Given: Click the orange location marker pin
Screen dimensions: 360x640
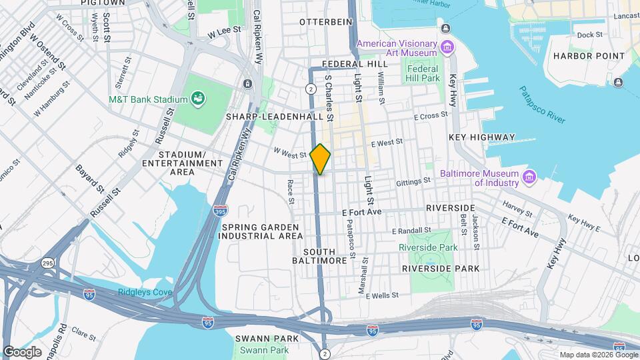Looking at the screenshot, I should (x=321, y=159).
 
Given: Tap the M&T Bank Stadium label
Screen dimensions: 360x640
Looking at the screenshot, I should (x=148, y=100).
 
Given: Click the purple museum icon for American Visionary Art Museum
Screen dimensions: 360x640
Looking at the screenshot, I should (x=447, y=48).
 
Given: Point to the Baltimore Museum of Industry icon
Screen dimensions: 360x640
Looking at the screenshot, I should (x=529, y=178).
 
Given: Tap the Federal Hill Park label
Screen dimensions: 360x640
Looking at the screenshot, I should (x=423, y=73).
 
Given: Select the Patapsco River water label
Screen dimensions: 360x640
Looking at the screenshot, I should (x=542, y=105).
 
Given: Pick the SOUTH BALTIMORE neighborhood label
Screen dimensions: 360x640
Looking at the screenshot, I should (x=325, y=257).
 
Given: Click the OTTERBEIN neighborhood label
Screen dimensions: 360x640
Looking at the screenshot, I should (x=325, y=22).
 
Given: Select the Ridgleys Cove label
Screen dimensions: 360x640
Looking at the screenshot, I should (x=145, y=292).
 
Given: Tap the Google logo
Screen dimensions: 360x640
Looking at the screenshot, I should (x=22, y=351).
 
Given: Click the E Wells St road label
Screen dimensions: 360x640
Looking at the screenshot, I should (x=382, y=295).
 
